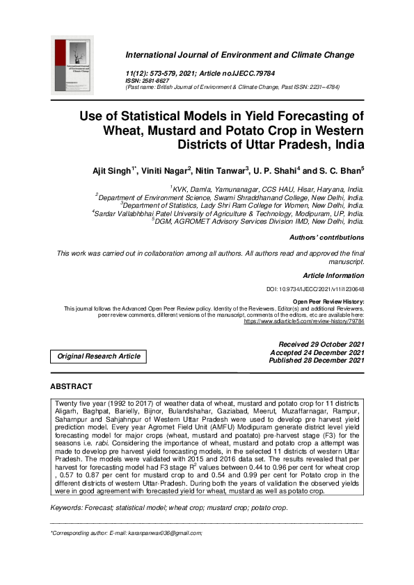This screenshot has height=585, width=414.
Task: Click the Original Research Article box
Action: [x=98, y=356]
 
